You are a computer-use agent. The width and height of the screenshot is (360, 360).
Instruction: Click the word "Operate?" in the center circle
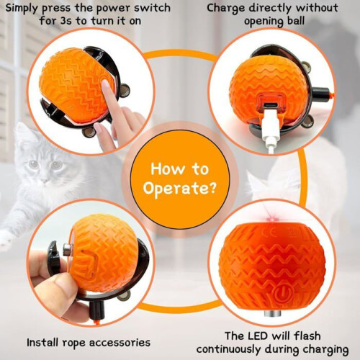tap(180, 189)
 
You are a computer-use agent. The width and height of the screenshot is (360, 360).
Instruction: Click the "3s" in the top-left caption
tap(66, 21)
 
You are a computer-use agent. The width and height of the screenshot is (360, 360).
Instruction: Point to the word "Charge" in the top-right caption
tap(225, 9)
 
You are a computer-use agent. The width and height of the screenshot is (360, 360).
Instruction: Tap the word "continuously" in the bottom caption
tap(228, 350)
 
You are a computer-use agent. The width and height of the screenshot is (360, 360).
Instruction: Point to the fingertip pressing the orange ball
tap(105, 85)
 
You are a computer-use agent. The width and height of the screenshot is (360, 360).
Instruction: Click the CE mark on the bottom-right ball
tap(267, 233)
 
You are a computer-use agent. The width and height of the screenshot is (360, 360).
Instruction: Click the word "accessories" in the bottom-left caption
tap(120, 343)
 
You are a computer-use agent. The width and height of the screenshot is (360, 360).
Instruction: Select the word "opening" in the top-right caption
tap(261, 22)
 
